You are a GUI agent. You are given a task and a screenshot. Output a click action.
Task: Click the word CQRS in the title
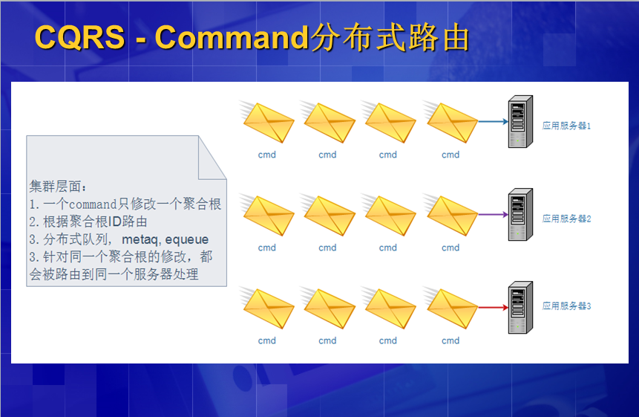click(x=80, y=38)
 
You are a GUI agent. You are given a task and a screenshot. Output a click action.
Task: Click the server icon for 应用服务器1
click(x=520, y=121)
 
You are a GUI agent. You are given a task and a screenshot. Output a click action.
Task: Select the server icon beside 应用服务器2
click(x=520, y=214)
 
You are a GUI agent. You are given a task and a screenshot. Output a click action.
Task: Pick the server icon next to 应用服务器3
click(x=520, y=307)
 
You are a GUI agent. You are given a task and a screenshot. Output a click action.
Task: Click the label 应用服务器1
click(x=566, y=126)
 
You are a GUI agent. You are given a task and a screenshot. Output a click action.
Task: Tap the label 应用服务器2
click(x=566, y=219)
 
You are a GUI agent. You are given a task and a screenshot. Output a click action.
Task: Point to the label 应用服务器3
click(x=566, y=306)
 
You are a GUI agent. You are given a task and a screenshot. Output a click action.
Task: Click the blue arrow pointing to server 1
click(x=493, y=121)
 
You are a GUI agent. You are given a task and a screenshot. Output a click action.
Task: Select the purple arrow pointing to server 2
click(x=493, y=214)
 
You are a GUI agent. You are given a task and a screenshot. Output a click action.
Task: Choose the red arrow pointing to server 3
click(x=493, y=307)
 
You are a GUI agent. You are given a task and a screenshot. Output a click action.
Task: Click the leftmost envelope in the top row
click(x=267, y=122)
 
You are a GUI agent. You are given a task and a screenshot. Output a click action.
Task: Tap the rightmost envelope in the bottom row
click(x=450, y=308)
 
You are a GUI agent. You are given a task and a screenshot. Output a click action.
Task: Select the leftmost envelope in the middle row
click(x=267, y=215)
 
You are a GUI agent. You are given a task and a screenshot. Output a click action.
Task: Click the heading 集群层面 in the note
click(x=56, y=187)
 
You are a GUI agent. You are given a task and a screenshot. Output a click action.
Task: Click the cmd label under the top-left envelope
click(x=267, y=155)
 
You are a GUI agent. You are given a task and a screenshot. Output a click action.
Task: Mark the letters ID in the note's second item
click(x=114, y=222)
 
